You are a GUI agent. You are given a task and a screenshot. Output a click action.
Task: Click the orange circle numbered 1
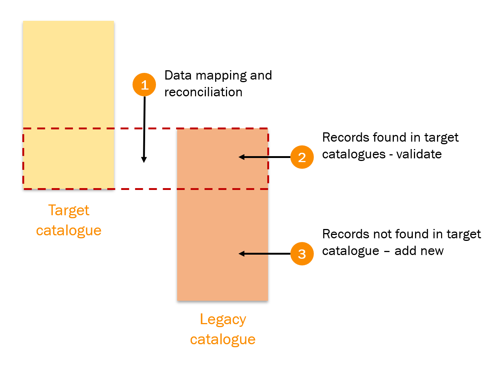(144, 85)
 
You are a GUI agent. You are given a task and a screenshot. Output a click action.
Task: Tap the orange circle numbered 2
(302, 157)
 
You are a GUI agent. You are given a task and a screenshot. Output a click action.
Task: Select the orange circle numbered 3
(302, 254)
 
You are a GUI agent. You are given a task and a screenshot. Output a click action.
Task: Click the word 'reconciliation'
(203, 92)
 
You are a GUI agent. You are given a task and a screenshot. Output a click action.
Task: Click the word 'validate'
(419, 154)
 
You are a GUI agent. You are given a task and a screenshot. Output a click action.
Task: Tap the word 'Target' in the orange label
(68, 211)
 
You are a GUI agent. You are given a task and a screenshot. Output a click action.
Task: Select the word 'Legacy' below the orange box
(223, 320)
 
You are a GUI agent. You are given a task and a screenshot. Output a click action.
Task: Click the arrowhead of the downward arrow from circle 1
(144, 160)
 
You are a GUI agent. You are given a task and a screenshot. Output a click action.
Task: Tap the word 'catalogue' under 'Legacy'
(223, 340)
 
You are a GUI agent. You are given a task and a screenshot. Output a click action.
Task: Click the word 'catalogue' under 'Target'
(68, 231)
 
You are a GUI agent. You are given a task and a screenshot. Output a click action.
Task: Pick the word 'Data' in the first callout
(178, 75)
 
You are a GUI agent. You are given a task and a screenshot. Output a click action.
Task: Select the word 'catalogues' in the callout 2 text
(354, 155)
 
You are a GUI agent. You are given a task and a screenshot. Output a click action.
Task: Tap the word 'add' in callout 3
(405, 251)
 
